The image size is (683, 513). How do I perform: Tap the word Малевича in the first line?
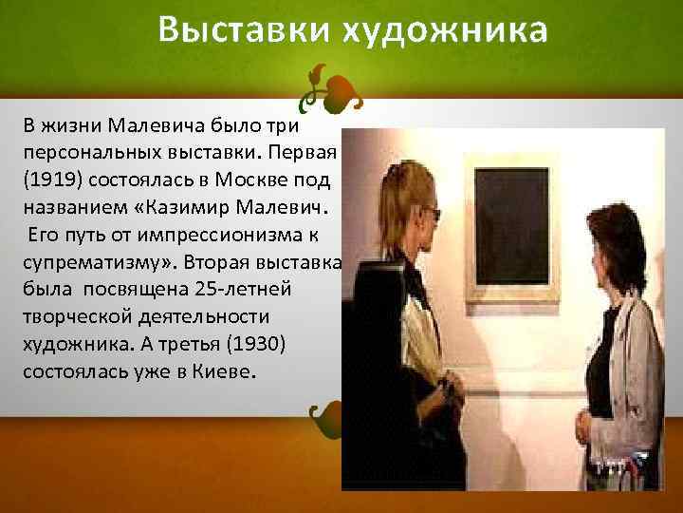coord(149,125)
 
